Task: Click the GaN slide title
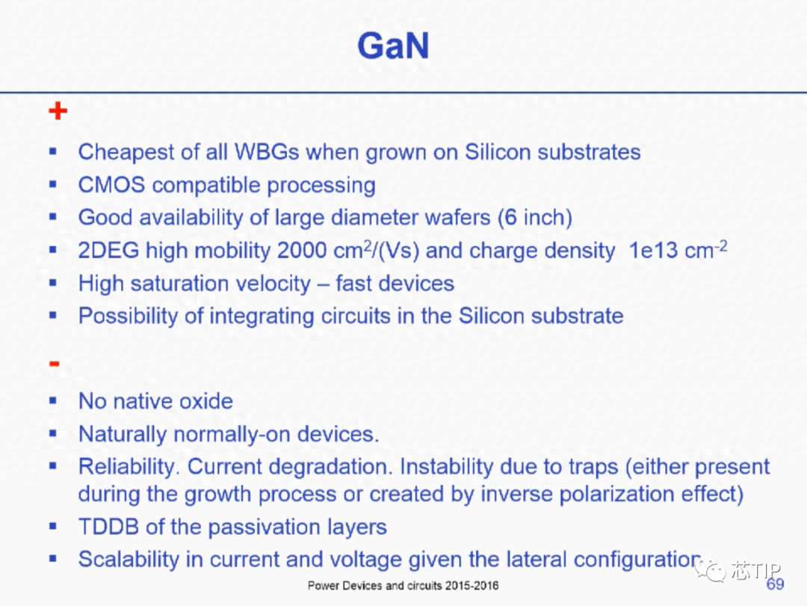click(393, 46)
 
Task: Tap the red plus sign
click(58, 111)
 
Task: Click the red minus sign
click(54, 364)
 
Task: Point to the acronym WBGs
click(267, 152)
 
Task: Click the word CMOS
click(111, 185)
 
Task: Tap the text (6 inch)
click(535, 218)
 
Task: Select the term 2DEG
click(108, 251)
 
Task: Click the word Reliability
click(129, 467)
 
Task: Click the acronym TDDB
click(108, 527)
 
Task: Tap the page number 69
click(775, 584)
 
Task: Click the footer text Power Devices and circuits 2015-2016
click(403, 585)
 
